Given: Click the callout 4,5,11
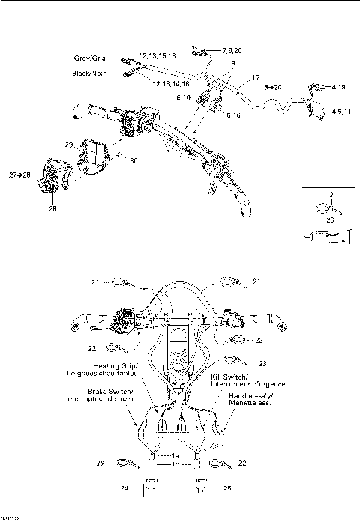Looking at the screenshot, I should click(343, 111).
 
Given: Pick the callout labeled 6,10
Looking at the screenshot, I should click(183, 97).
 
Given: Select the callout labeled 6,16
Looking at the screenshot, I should click(233, 115).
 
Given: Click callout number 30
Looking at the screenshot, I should click(133, 160).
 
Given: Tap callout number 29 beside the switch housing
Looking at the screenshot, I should click(68, 145).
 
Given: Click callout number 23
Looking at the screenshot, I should click(263, 363).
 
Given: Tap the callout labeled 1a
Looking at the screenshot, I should click(175, 456).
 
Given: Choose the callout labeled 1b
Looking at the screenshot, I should click(175, 466).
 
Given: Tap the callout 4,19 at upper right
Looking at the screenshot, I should click(338, 87).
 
